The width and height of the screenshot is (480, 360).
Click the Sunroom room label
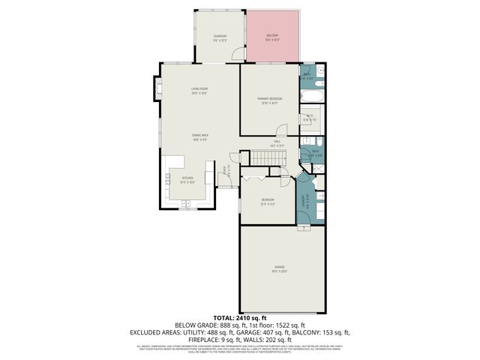coord(220,37)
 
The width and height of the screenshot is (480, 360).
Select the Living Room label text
coord(198,90)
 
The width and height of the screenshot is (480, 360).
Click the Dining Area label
coord(198,136)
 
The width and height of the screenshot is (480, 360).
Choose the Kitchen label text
coord(187,178)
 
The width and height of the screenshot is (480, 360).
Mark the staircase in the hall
coord(268,158)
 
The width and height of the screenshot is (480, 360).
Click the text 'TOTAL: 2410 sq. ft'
coord(240,317)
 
